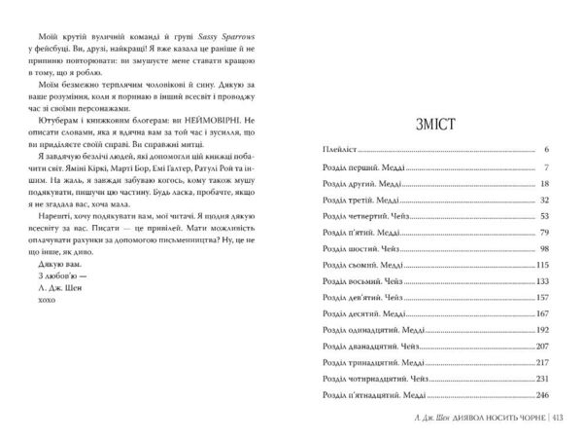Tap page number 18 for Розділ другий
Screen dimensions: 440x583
tap(544, 184)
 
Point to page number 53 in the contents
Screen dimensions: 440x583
tap(544, 217)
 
